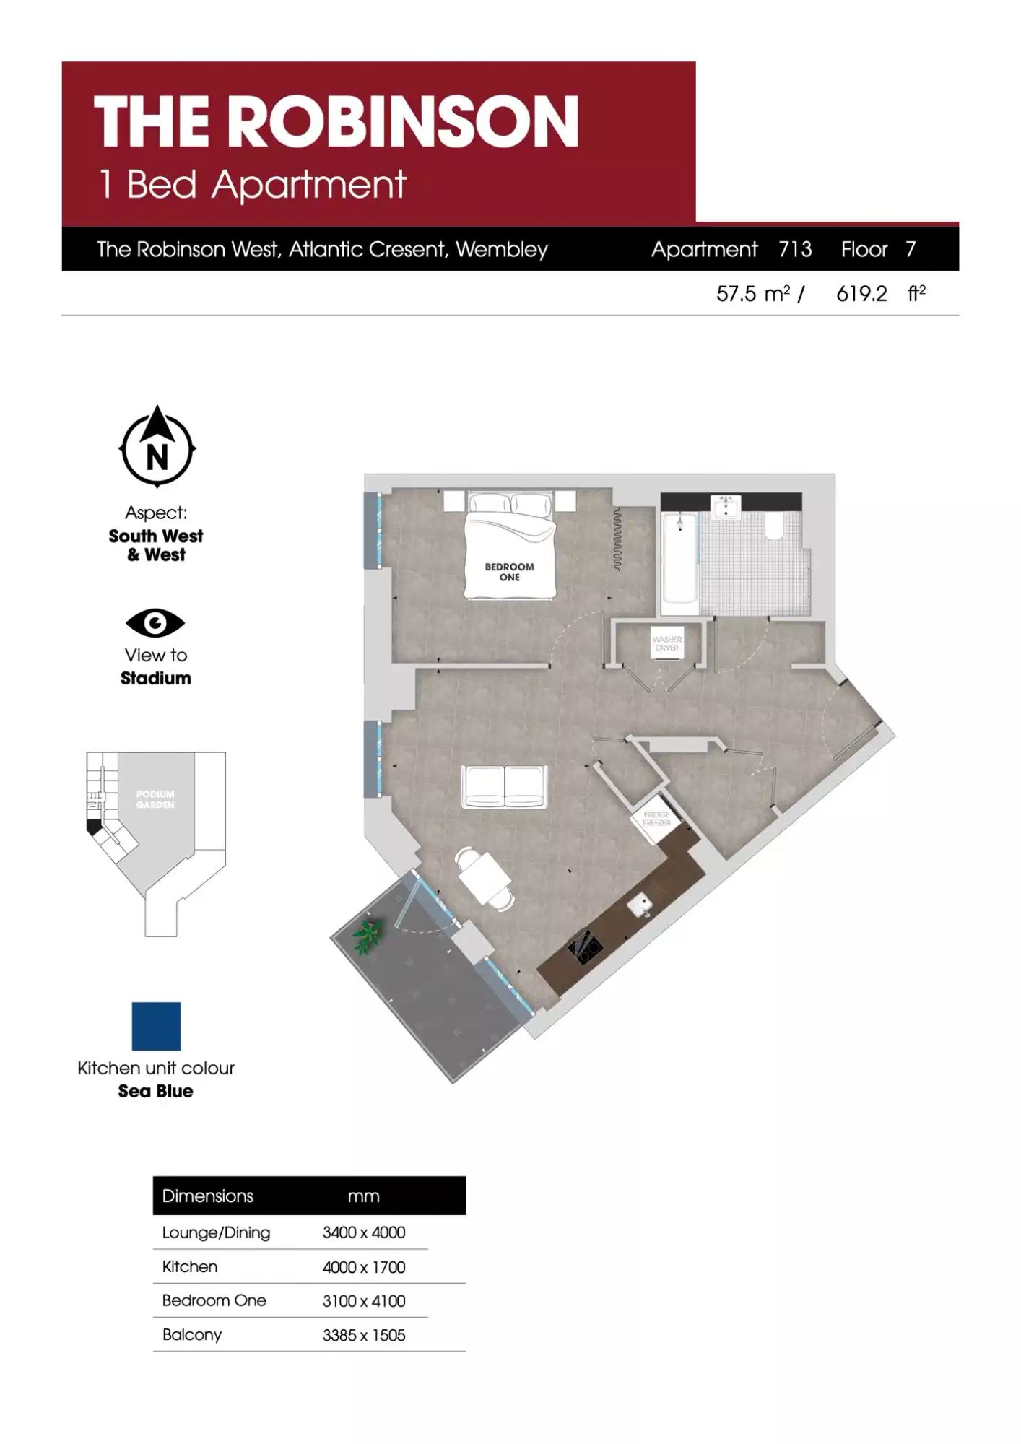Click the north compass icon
tap(157, 447)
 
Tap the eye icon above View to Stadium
tap(155, 623)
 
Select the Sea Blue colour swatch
tap(156, 1026)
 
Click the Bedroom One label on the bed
tap(509, 572)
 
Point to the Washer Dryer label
tap(667, 643)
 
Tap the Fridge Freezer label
tap(656, 819)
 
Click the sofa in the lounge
tap(504, 786)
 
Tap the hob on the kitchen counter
tap(586, 947)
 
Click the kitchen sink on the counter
tap(639, 904)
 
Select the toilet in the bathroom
tap(775, 526)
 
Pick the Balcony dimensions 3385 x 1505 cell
tap(364, 1335)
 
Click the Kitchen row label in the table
tap(190, 1266)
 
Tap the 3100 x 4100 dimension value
tap(364, 1301)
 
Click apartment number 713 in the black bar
tap(795, 249)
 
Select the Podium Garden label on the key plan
tap(155, 799)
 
